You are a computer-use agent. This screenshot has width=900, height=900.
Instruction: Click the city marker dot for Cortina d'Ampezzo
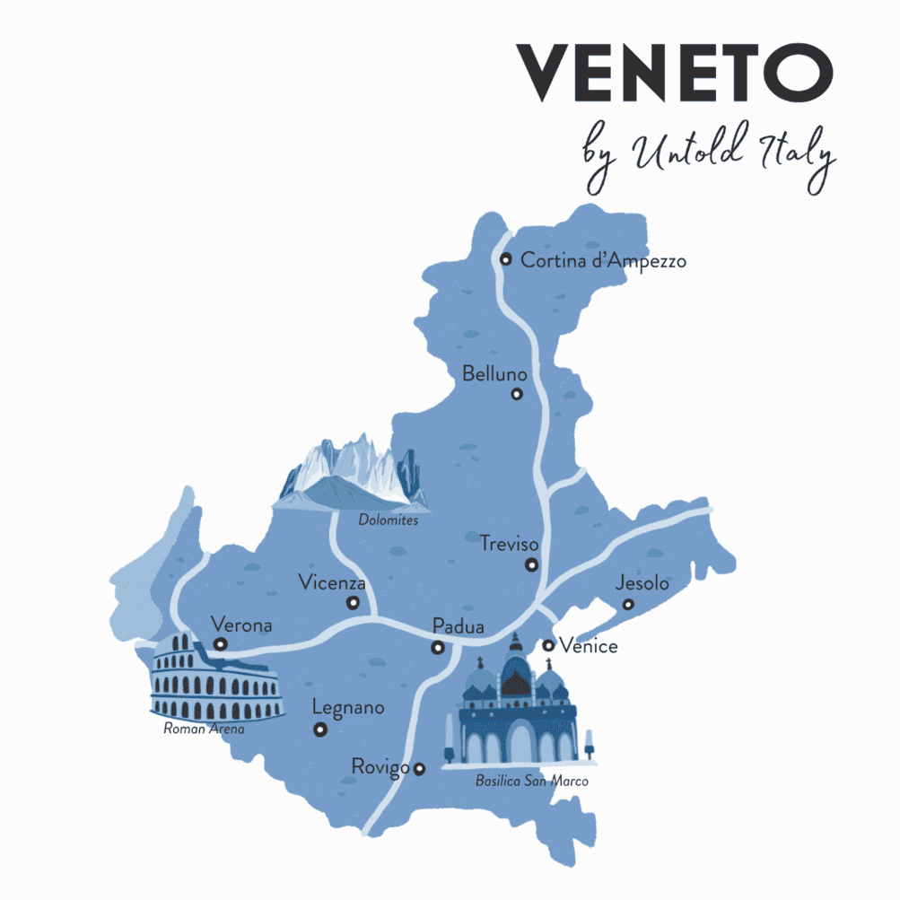click(506, 259)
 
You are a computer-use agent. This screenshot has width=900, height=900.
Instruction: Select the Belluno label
click(494, 373)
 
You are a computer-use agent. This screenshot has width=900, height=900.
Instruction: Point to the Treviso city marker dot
click(532, 565)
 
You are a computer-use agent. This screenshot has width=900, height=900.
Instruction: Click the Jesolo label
click(642, 583)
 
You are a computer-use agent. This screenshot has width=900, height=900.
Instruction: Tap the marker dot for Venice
click(548, 645)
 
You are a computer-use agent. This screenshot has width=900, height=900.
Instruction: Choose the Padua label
click(458, 626)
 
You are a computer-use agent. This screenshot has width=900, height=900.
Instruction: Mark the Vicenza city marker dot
click(353, 603)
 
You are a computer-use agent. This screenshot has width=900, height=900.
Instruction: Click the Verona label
click(240, 624)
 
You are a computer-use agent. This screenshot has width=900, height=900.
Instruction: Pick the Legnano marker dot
click(319, 730)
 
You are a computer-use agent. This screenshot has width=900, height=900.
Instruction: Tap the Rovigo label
click(380, 767)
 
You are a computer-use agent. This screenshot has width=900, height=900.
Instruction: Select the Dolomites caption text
click(389, 520)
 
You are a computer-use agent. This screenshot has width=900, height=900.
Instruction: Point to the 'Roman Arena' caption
click(204, 730)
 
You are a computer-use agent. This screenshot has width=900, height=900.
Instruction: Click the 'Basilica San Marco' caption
click(532, 782)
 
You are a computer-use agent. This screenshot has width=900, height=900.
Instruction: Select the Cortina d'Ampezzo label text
click(604, 261)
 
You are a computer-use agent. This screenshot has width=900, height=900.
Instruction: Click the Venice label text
click(588, 645)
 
